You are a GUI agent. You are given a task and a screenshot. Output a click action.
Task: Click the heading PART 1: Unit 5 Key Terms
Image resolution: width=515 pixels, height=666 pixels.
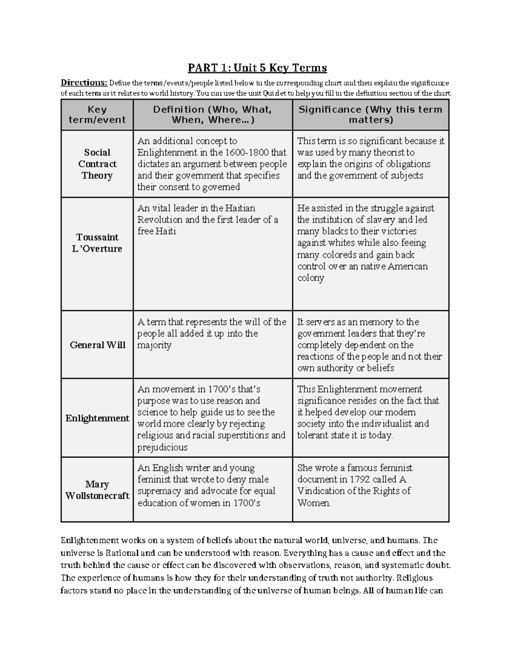(257, 68)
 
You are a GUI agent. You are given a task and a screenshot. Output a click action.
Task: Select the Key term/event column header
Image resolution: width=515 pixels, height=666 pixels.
(97, 115)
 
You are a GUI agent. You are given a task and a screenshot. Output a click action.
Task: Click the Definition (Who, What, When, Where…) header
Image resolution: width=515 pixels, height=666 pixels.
(213, 115)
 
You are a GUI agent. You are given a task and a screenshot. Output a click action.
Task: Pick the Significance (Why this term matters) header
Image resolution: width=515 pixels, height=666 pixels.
(370, 115)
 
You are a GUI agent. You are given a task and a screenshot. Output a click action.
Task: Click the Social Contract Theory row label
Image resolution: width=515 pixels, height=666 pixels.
(97, 164)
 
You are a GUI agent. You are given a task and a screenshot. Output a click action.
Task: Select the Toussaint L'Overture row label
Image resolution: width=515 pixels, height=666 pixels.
(97, 243)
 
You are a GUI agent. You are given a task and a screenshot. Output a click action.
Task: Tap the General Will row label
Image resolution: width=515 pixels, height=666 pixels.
(97, 345)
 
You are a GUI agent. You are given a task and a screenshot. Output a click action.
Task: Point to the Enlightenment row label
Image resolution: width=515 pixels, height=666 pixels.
(97, 418)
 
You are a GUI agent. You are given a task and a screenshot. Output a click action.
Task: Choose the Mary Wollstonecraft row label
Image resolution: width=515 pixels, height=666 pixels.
(97, 490)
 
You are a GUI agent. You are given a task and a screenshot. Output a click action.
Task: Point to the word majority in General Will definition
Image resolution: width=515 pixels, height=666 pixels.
(154, 346)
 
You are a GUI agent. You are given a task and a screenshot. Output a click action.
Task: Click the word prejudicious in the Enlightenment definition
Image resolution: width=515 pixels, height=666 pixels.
(162, 448)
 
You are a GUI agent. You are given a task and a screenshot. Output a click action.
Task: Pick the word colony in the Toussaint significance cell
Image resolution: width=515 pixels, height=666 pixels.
(311, 278)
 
